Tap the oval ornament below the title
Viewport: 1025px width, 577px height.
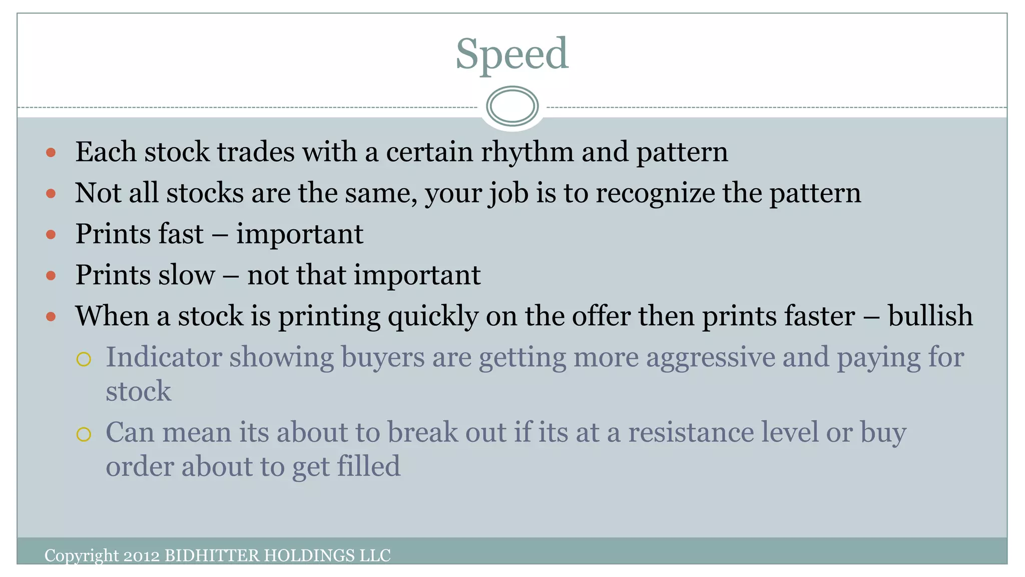(x=512, y=106)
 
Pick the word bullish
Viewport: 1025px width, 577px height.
(x=930, y=316)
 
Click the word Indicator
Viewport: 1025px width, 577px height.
(x=164, y=357)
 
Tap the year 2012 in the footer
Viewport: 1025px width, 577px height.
(x=142, y=555)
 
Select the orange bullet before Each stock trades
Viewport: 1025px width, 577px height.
(x=51, y=152)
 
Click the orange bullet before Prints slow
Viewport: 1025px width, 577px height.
(x=51, y=275)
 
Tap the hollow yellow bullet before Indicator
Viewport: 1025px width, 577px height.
(x=84, y=359)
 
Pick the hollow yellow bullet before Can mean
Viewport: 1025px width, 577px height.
(x=84, y=434)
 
